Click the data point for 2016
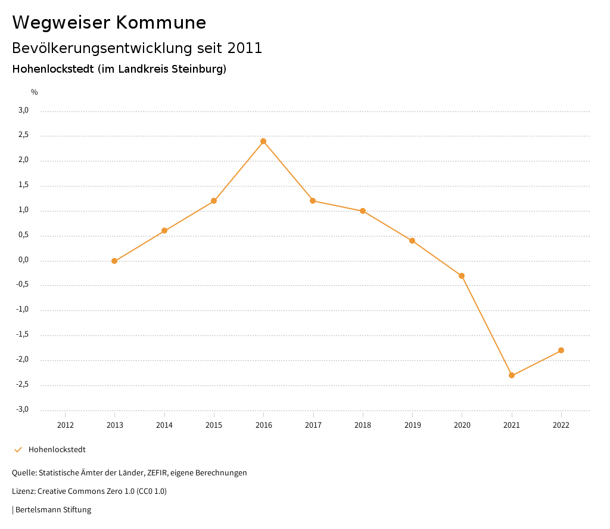(x=263, y=141)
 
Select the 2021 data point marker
(x=512, y=375)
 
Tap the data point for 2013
(x=114, y=261)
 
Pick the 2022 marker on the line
(x=561, y=350)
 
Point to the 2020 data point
(x=462, y=276)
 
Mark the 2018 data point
(x=363, y=211)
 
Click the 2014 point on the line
(x=164, y=231)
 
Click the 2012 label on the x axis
(x=65, y=425)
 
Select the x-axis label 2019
(x=412, y=425)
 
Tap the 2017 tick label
(x=313, y=425)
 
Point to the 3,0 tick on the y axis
(x=23, y=110)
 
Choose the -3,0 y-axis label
(x=23, y=409)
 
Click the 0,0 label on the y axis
(x=23, y=260)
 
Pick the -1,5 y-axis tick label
(x=23, y=335)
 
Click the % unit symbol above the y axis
(x=35, y=92)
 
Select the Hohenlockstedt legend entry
(x=57, y=450)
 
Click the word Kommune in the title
(x=161, y=23)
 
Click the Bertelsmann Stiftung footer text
(x=53, y=510)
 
